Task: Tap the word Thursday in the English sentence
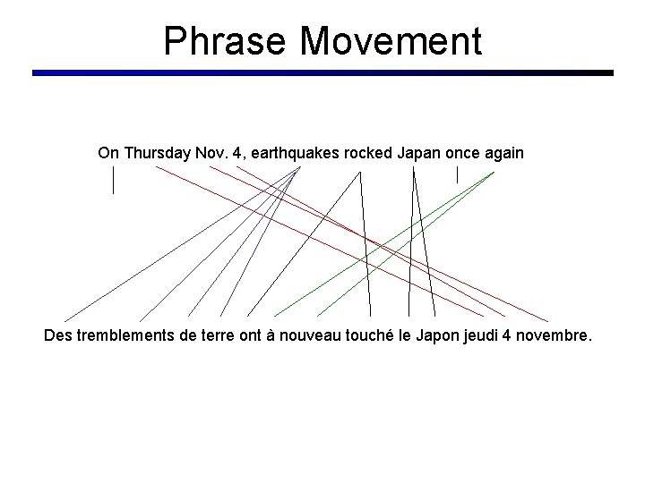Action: click(x=156, y=153)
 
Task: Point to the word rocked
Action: click(x=364, y=153)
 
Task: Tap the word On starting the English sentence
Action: click(x=108, y=153)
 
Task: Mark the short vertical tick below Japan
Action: click(x=457, y=174)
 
